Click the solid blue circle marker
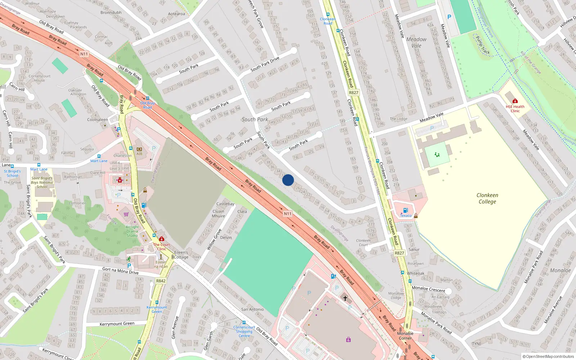pyautogui.click(x=288, y=180)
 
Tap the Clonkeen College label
pyautogui.click(x=487, y=198)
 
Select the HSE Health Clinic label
pyautogui.click(x=515, y=109)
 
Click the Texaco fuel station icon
pyautogui.click(x=406, y=210)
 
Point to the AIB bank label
pyautogui.click(x=139, y=154)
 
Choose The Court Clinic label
pyautogui.click(x=162, y=247)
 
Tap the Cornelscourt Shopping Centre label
pyautogui.click(x=244, y=332)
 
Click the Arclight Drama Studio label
pyautogui.click(x=132, y=231)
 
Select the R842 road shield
pyautogui.click(x=161, y=281)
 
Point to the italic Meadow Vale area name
pyautogui.click(x=417, y=42)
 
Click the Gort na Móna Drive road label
pyautogui.click(x=120, y=271)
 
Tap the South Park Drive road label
pyautogui.click(x=265, y=64)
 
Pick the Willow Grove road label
pyautogui.click(x=214, y=239)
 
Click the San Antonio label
pyautogui.click(x=252, y=309)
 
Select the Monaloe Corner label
pyautogui.click(x=405, y=336)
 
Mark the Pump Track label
pyautogui.click(x=483, y=45)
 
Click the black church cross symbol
pyautogui.click(x=345, y=298)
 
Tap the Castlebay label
pyautogui.click(x=225, y=204)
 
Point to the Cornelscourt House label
pyautogui.click(x=40, y=78)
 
